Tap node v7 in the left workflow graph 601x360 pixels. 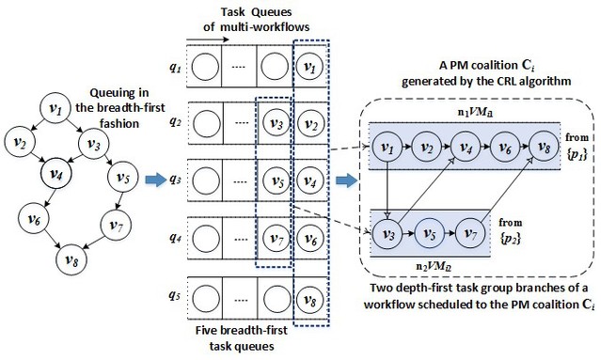[115, 226]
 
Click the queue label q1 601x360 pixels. [175, 69]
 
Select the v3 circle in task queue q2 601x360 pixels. [275, 122]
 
